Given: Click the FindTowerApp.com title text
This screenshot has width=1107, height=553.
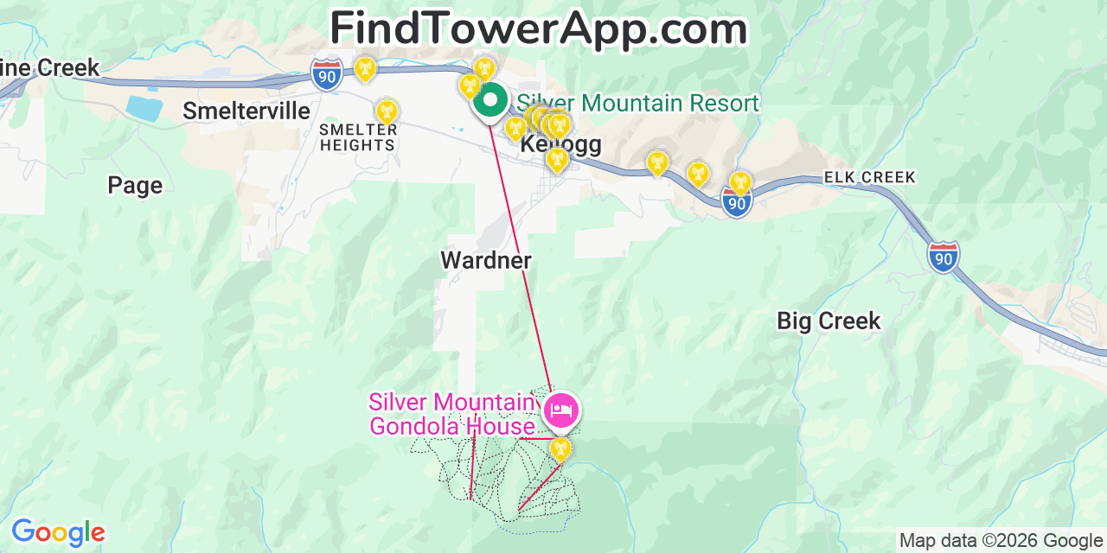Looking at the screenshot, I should [x=538, y=29].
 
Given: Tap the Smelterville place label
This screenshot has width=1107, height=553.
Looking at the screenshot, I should [x=246, y=111].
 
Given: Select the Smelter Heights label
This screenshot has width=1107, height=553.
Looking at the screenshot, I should [x=358, y=137].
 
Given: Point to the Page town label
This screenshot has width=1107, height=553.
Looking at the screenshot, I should [x=135, y=185].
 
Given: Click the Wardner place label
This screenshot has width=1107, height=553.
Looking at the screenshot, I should [x=486, y=260].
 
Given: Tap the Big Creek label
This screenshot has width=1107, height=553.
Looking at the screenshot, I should [x=829, y=321].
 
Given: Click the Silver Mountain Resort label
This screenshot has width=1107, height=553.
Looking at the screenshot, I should [x=637, y=104].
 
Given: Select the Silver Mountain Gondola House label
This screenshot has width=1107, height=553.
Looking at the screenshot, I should [x=452, y=414].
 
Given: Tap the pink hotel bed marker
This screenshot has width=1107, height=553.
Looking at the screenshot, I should [x=560, y=410].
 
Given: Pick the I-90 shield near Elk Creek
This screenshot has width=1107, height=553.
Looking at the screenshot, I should [x=736, y=202].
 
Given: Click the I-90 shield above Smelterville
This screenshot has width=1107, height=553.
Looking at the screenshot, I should [x=326, y=75].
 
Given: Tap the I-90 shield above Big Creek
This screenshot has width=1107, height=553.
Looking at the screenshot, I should [x=943, y=257].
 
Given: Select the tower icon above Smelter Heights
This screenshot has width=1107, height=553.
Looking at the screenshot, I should [x=386, y=111].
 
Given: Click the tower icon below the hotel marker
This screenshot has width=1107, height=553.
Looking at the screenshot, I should [x=560, y=448].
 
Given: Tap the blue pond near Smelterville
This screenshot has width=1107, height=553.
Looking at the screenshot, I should [x=144, y=108].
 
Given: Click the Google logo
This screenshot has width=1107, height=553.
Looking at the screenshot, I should [x=58, y=532].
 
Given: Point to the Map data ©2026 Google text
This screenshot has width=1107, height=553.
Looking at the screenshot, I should [x=1001, y=541].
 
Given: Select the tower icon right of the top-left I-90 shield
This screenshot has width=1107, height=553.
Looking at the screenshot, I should [x=366, y=67].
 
